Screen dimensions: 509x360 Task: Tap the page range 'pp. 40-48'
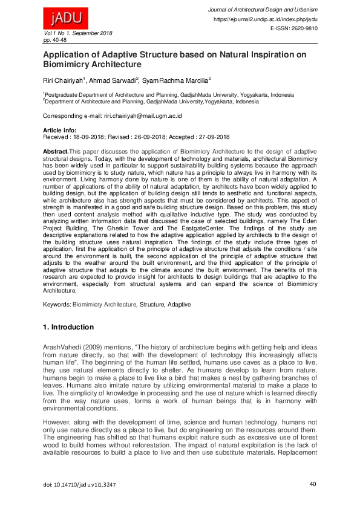[55, 39]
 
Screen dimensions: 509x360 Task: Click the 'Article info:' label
[59, 131]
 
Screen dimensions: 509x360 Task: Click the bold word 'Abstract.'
[56, 150]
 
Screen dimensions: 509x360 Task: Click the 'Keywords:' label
[57, 304]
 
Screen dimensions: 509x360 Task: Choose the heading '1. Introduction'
[68, 327]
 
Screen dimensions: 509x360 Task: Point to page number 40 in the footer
[312, 484]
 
